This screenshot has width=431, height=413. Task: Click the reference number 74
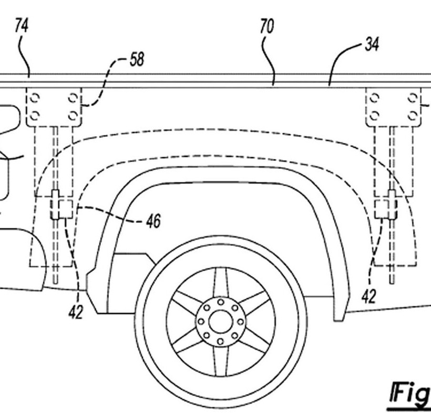pos(22,25)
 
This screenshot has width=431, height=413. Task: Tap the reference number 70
pos(267,27)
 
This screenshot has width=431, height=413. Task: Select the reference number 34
pos(372,45)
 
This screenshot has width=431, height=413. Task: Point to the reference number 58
pos(137,59)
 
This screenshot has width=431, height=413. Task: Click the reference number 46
pos(153,221)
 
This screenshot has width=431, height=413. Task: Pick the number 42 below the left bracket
pos(76,313)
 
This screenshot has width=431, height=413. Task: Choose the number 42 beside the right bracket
pos(368,297)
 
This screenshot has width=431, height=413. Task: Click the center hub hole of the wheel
pos(221,321)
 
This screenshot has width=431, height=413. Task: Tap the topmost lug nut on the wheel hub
pos(221,302)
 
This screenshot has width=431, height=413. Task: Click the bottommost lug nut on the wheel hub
pos(220,342)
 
